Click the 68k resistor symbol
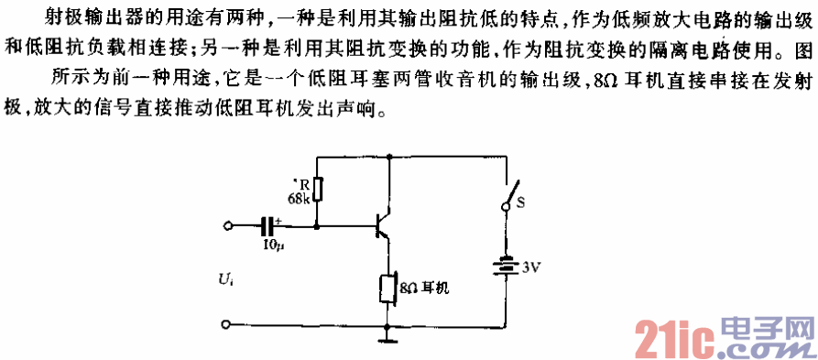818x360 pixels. [x=317, y=189]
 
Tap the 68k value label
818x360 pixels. [x=299, y=198]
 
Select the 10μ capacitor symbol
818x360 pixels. [x=268, y=224]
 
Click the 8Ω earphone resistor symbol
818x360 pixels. [x=388, y=288]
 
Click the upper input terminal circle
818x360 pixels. [x=227, y=224]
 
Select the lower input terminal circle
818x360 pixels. [x=227, y=324]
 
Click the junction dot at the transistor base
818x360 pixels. [x=317, y=224]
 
